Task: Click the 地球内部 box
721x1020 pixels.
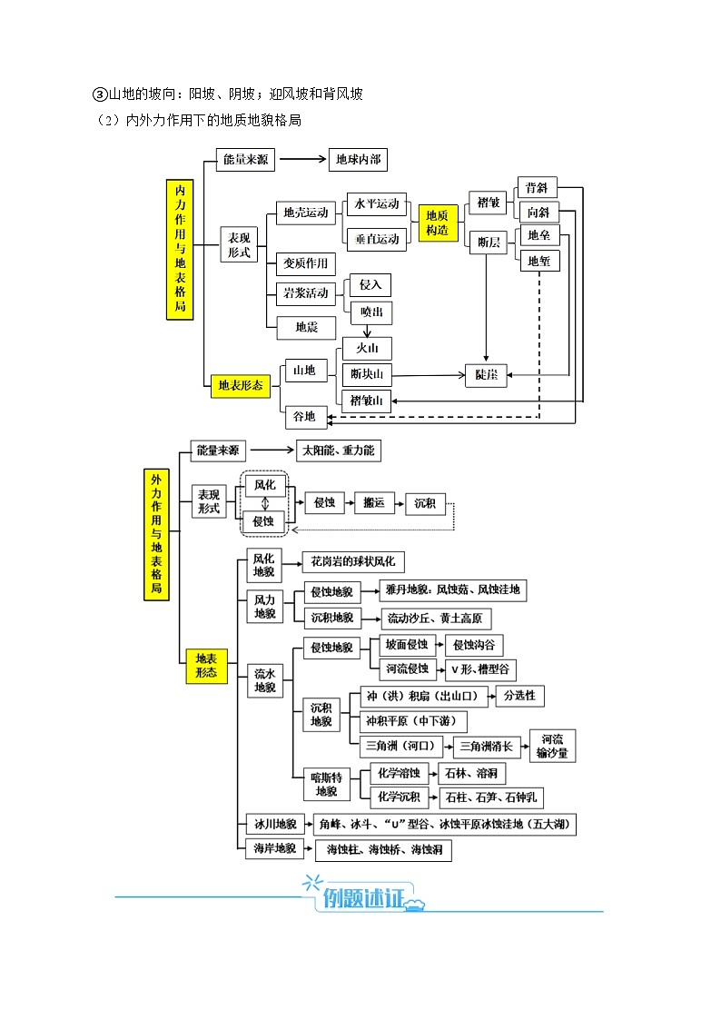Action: [x=357, y=160]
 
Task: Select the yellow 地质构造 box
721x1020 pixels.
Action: [x=437, y=223]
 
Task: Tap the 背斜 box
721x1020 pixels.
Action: [x=536, y=188]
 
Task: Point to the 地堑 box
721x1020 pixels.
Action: [x=538, y=261]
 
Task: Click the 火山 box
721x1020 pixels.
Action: [x=366, y=349]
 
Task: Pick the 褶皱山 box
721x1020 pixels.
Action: [x=366, y=400]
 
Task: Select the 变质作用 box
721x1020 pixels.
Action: [x=305, y=263]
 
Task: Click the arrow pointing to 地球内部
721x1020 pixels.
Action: [x=302, y=160]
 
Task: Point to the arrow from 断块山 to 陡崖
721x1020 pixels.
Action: [x=427, y=374]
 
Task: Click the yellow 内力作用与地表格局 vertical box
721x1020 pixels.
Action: [x=180, y=249]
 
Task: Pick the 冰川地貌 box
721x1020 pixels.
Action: [x=272, y=824]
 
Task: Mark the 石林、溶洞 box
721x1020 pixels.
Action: [x=471, y=774]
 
